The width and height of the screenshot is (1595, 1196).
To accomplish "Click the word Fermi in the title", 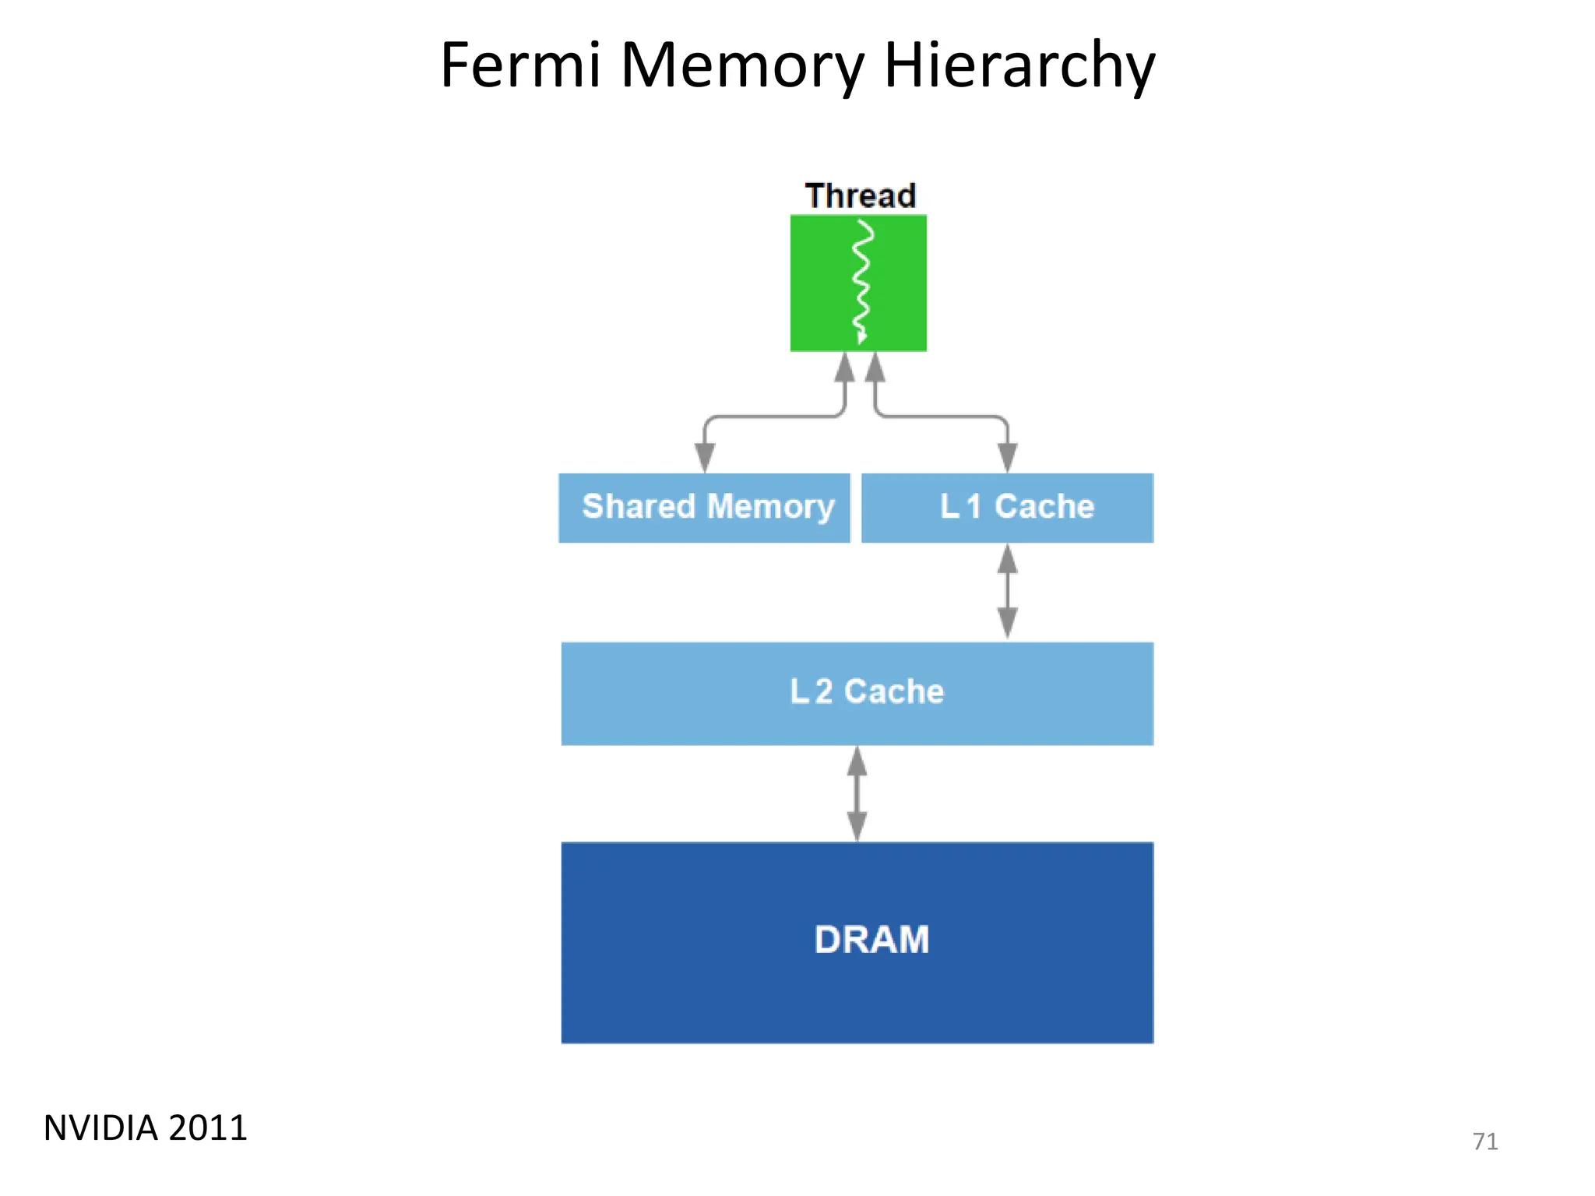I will point(520,65).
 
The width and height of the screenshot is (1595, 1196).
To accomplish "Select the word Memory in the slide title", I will point(741,65).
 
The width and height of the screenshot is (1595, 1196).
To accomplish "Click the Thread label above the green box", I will point(860,195).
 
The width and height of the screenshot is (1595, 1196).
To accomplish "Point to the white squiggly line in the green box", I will point(861,282).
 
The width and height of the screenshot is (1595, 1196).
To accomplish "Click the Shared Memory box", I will point(704,508).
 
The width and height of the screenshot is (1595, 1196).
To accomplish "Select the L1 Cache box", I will point(1007,508).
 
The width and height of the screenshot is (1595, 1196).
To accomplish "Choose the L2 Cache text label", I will point(866,691).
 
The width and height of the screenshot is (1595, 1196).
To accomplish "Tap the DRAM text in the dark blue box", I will point(871,940).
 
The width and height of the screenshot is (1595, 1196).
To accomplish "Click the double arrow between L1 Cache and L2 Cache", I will point(1007,592).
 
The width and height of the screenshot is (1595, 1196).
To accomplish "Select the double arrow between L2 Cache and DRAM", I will point(857,793).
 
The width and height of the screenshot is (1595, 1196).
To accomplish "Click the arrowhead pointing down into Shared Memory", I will point(705,457).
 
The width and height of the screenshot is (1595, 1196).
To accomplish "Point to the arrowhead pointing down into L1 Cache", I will point(1007,457).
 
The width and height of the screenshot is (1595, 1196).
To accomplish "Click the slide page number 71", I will point(1484,1141).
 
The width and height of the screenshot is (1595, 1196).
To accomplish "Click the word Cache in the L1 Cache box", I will point(1044,507).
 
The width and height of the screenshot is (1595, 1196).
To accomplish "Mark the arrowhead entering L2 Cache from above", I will point(1007,624).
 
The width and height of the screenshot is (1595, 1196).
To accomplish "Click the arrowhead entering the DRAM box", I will point(857,825).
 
